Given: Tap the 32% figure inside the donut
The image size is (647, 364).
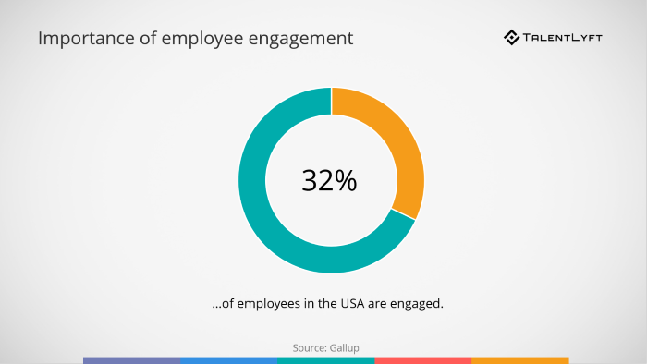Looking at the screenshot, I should click(x=329, y=181).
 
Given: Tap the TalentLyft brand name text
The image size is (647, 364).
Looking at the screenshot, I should click(x=569, y=38).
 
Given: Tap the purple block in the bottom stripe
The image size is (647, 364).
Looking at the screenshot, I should click(x=131, y=359).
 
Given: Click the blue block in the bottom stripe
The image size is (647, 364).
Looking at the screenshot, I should click(x=228, y=359).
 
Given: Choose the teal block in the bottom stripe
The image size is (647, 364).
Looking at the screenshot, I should click(x=325, y=359).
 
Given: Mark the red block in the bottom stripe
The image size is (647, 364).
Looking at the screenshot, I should click(x=422, y=359).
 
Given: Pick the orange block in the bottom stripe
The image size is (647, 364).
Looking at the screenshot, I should click(x=519, y=359).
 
